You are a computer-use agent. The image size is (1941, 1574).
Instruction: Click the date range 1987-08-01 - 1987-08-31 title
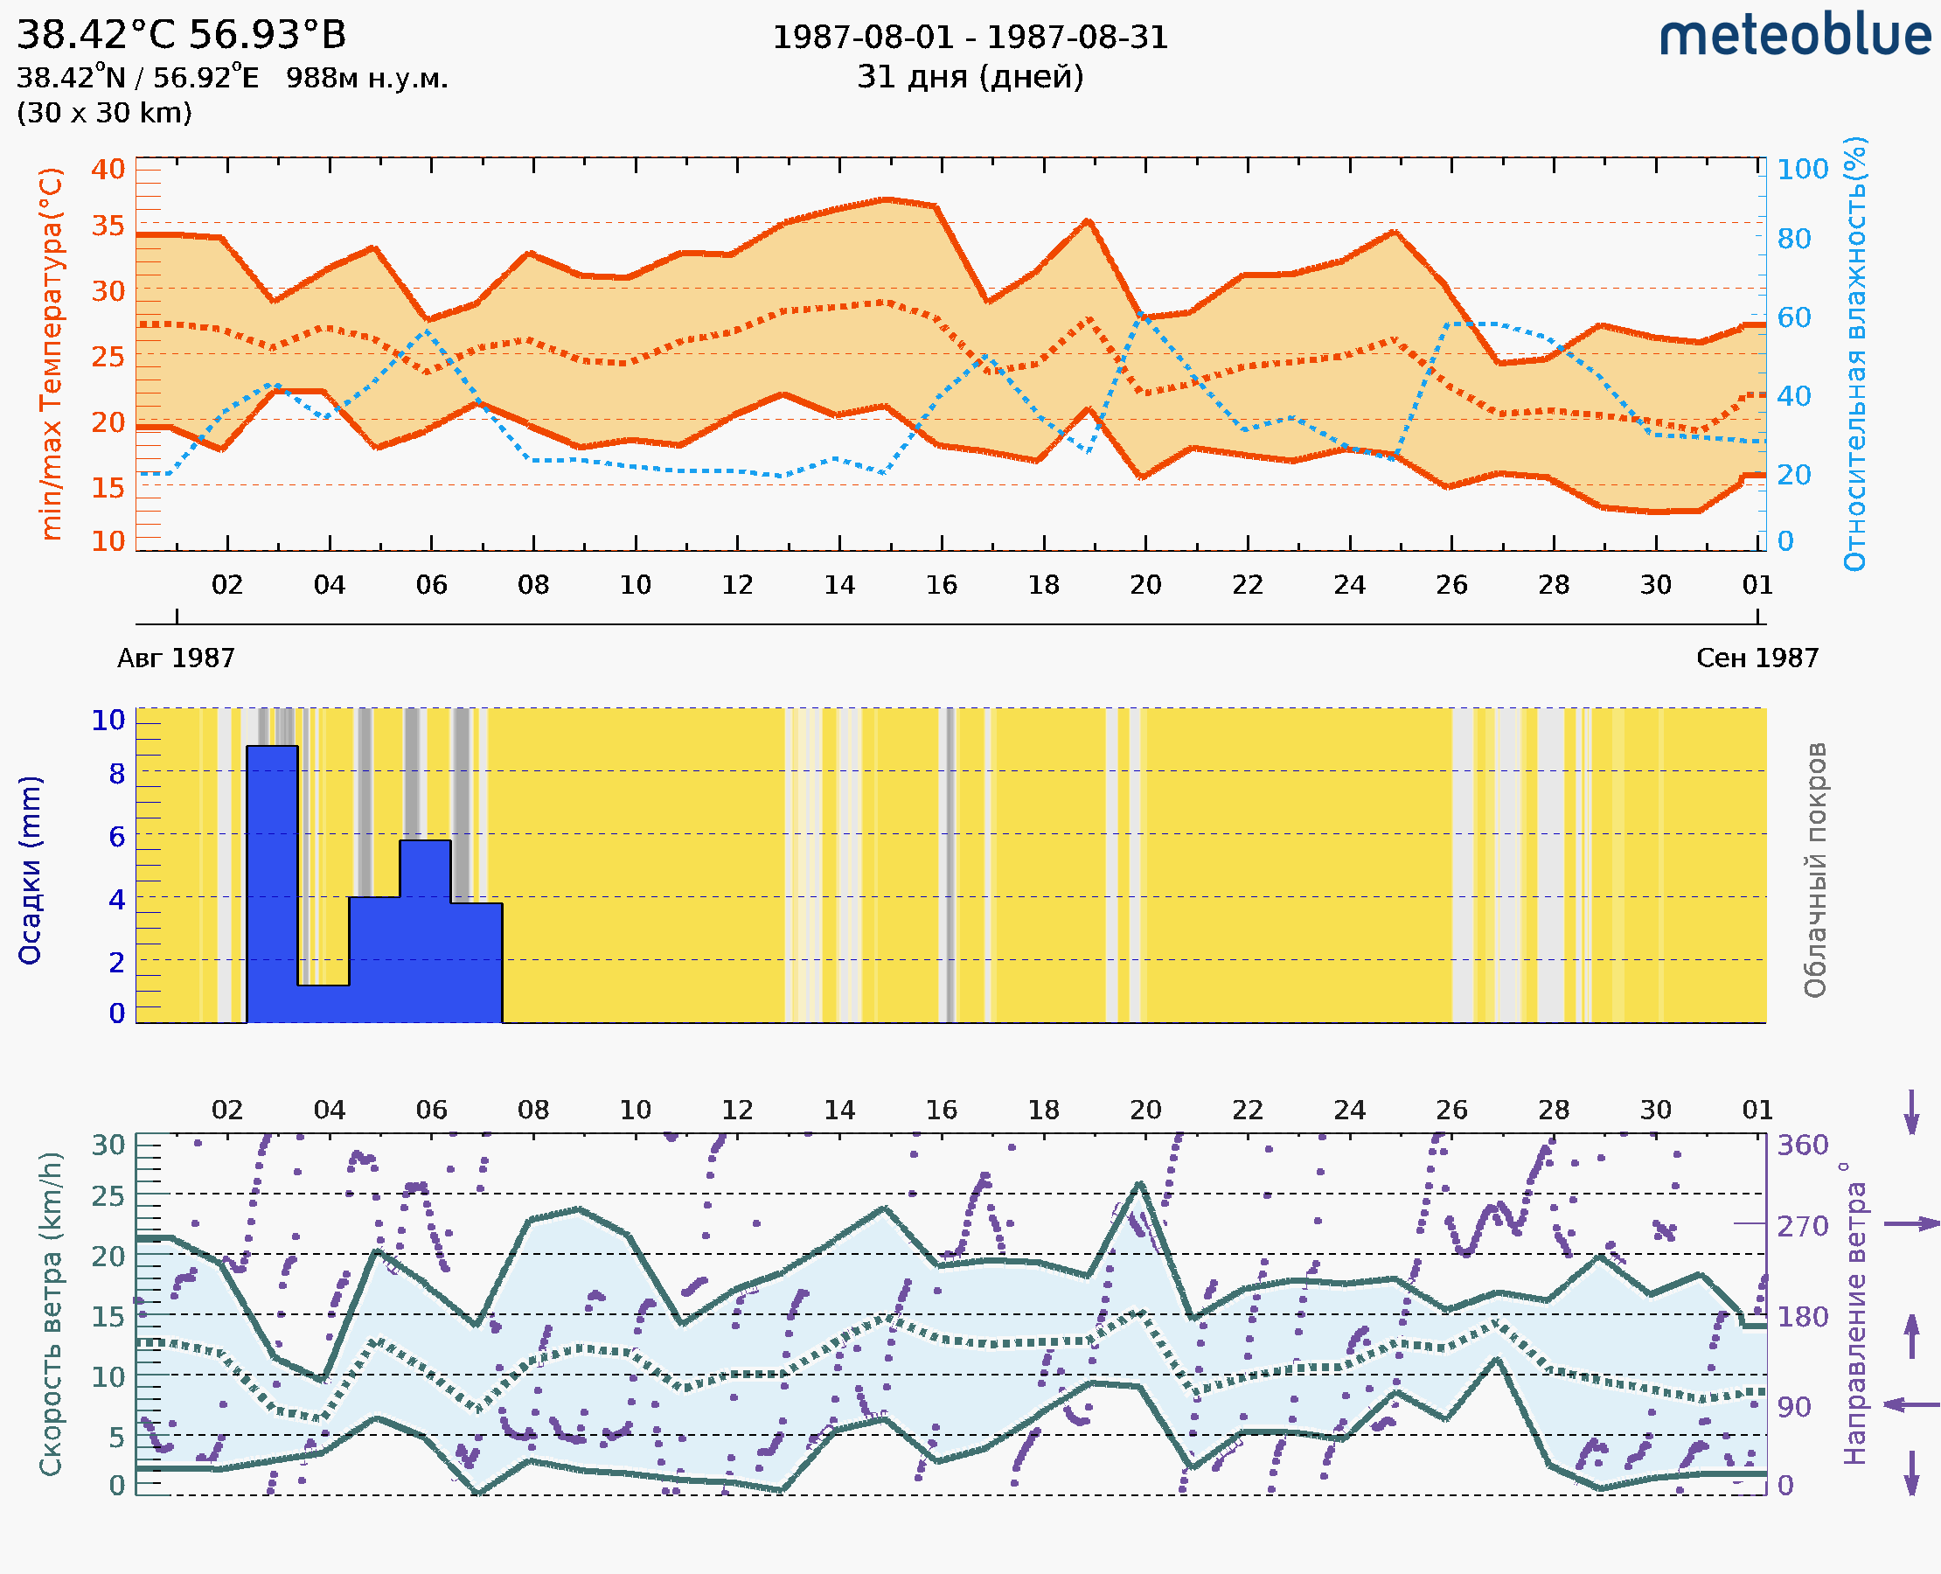(x=970, y=38)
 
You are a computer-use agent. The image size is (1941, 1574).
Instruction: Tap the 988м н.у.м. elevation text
(x=367, y=79)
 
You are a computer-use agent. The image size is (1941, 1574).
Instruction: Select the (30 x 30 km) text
(x=104, y=114)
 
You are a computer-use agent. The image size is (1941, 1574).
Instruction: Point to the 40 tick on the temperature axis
(x=108, y=170)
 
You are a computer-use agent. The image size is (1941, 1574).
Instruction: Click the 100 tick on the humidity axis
(x=1802, y=170)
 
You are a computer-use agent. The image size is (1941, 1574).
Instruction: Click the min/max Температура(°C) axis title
(x=52, y=353)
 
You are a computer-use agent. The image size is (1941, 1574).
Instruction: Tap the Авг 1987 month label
(x=176, y=658)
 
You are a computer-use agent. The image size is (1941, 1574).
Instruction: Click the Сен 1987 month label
(x=1757, y=658)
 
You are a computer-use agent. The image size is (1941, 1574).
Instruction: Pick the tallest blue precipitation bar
(x=272, y=884)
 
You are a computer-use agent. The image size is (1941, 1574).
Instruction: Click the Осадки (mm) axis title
(x=30, y=870)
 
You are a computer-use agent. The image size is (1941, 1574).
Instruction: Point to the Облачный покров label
(x=1815, y=870)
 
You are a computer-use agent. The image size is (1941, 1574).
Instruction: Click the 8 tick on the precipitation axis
(x=117, y=774)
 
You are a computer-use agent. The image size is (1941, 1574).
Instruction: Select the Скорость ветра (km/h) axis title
(x=51, y=1313)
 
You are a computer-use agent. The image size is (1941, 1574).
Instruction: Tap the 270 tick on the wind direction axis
(x=1802, y=1227)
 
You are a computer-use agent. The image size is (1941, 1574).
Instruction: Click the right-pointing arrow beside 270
(x=1911, y=1224)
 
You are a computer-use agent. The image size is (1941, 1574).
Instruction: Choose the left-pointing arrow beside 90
(x=1911, y=1404)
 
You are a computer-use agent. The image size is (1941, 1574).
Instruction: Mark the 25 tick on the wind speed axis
(x=108, y=1197)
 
